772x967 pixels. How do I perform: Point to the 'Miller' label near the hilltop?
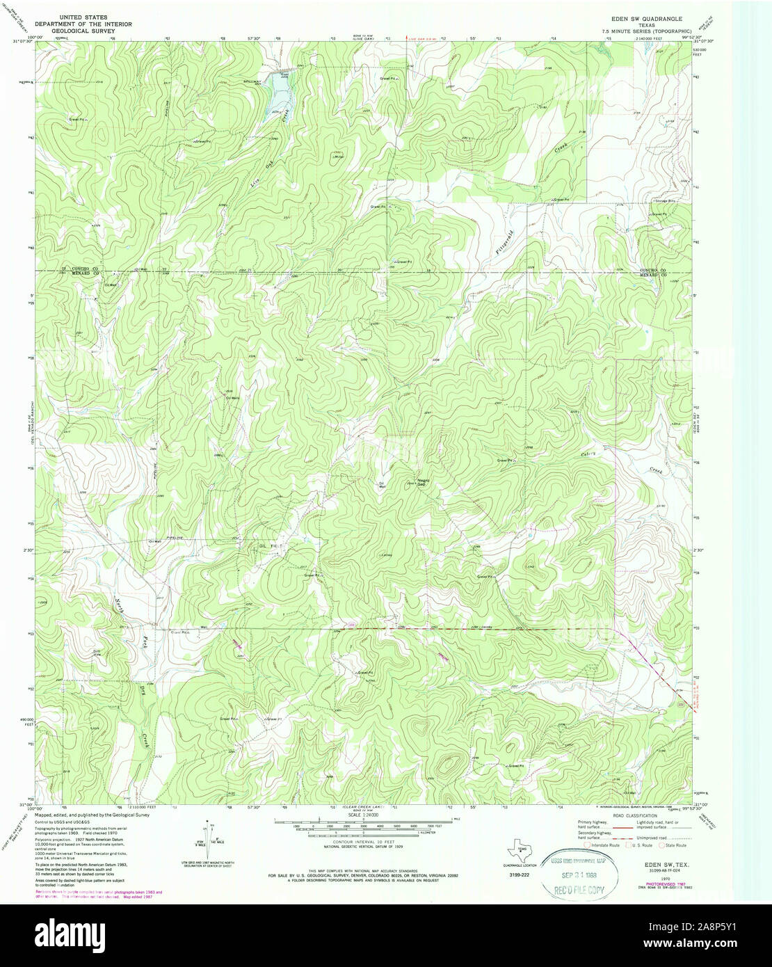point(340,156)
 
